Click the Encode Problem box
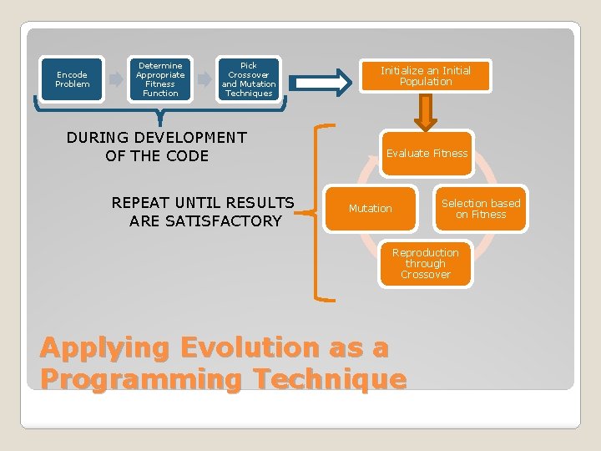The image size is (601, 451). point(72,79)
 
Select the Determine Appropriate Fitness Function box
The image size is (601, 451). point(160,79)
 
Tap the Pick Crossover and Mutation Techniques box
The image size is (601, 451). point(249,79)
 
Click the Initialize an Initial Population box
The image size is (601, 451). point(426,76)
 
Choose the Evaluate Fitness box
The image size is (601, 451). point(427,154)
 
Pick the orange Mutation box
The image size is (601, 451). point(371,209)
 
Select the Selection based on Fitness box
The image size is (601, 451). point(481,209)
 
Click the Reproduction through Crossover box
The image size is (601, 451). point(426,263)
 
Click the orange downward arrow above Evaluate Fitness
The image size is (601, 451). point(426,112)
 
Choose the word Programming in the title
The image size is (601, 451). point(141,379)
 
